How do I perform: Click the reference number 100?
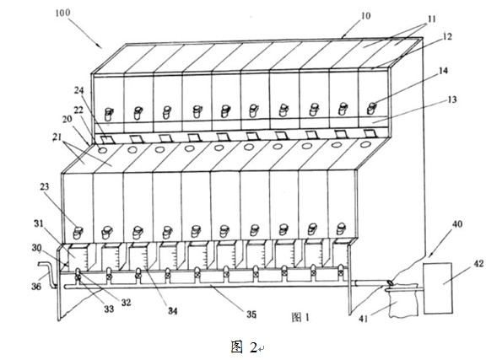click(63, 13)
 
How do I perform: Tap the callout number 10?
click(365, 15)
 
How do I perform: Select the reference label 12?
click(447, 36)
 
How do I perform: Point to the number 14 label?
click(443, 71)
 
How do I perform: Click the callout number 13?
click(452, 99)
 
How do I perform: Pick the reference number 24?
click(79, 90)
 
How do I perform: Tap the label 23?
click(45, 187)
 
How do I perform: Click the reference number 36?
click(36, 287)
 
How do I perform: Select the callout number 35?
click(251, 314)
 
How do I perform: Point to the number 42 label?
click(479, 264)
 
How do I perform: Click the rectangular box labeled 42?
click(438, 288)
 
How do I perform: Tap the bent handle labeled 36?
click(47, 275)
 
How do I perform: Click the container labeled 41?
click(403, 299)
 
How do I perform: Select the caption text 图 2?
click(244, 347)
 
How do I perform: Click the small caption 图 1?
click(300, 317)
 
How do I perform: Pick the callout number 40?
click(457, 224)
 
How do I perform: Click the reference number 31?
click(39, 223)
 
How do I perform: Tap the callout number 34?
click(173, 311)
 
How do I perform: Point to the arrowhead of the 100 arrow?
click(100, 47)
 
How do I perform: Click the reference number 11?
click(431, 19)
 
